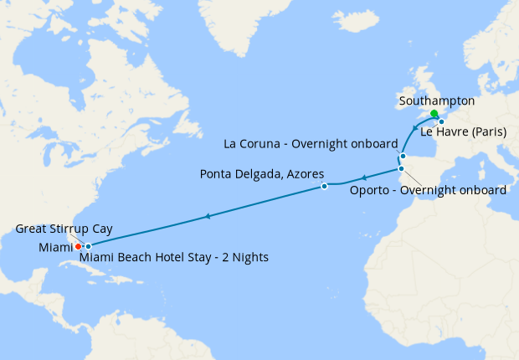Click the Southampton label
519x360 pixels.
pos(437,100)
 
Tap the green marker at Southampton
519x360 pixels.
pos(434,115)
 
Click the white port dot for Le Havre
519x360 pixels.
pos(441,122)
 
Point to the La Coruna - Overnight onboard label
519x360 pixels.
pos(311,143)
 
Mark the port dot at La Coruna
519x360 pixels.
pos(403,156)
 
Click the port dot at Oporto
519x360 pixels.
pos(401,170)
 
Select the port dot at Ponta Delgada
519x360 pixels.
pos(324,187)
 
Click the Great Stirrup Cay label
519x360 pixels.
pos(64,228)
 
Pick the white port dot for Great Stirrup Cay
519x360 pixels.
pos(88,246)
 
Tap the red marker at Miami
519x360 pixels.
pos(78,246)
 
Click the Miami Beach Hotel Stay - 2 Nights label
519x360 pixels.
pos(174,257)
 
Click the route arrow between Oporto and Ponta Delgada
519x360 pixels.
pos(363,177)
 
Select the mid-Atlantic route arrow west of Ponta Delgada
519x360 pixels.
pos(207,217)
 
